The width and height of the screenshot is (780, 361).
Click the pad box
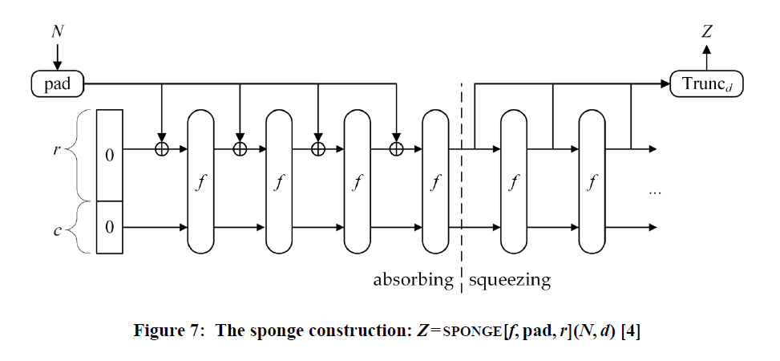click(x=57, y=83)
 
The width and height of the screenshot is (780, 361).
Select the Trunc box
click(x=706, y=83)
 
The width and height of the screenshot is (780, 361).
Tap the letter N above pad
click(x=57, y=32)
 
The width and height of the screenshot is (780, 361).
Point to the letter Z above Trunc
click(x=706, y=32)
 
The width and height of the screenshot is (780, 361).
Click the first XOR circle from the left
click(x=162, y=149)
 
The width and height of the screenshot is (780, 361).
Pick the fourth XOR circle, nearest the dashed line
click(x=396, y=149)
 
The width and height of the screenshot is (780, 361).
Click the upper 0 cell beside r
click(x=110, y=155)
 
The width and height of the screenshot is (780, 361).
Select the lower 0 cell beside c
click(x=110, y=227)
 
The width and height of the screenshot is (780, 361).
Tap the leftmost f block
click(x=200, y=180)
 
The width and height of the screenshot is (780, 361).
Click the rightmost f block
click(x=592, y=180)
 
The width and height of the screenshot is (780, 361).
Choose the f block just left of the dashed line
click(x=435, y=180)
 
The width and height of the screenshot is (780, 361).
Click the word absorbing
click(x=414, y=280)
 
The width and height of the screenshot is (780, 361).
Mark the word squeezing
click(x=510, y=280)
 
